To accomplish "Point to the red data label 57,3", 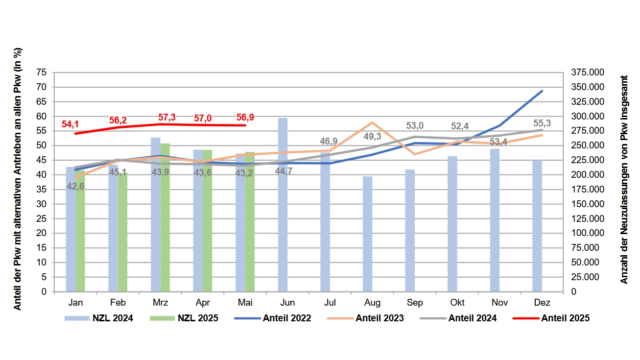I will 167,118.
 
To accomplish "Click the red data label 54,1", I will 71,124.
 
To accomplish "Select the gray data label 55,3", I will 542,123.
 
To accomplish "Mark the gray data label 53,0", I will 415,126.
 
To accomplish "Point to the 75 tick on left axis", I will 42,72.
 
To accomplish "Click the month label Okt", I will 457,302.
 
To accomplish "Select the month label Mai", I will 245,302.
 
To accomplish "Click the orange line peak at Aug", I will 372,122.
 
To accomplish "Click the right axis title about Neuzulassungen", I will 624,179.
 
